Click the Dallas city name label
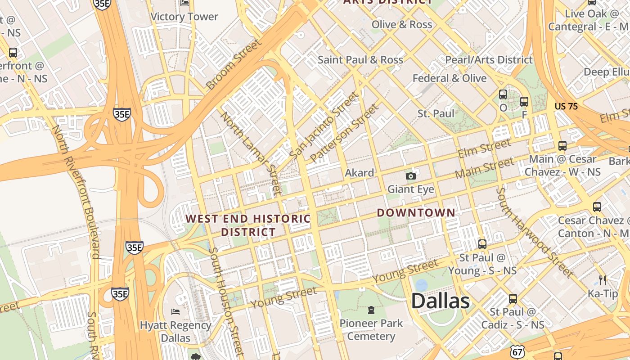[440, 301]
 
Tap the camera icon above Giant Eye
[411, 176]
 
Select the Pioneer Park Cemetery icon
[371, 310]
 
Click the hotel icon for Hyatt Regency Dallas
[175, 311]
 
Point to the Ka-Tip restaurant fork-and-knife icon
[603, 280]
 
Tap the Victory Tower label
[184, 17]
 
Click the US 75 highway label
[566, 107]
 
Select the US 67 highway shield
[517, 351]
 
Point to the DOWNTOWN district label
[416, 213]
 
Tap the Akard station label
[359, 173]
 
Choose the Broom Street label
[233, 64]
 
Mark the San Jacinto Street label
[325, 125]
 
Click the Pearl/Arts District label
[489, 60]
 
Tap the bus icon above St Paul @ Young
[482, 244]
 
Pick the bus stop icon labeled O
[503, 95]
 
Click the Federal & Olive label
[450, 78]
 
